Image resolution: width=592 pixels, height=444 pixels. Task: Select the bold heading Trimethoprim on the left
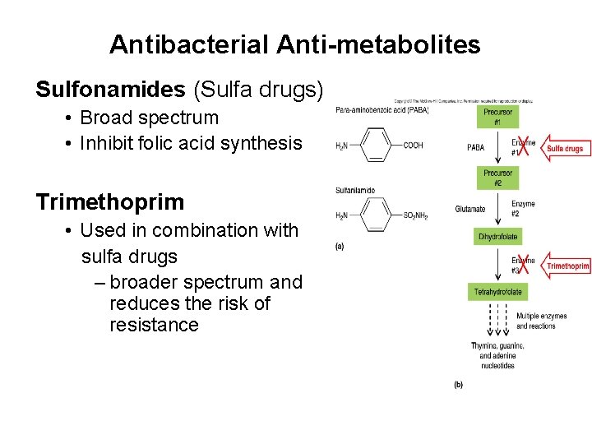[x=109, y=201]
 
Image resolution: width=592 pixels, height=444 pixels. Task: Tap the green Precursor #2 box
[x=498, y=178]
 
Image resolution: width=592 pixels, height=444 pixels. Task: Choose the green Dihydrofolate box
[x=498, y=237]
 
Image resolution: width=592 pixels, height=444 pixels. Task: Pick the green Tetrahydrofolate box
[x=498, y=291]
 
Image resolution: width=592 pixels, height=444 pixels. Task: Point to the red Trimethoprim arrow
[x=567, y=266]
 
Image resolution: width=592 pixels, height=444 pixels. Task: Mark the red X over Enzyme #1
[x=521, y=147]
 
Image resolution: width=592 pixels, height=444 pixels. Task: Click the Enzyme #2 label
[x=524, y=208]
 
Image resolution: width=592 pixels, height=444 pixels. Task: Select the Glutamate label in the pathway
[x=469, y=209]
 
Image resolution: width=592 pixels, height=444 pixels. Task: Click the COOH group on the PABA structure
[x=413, y=146]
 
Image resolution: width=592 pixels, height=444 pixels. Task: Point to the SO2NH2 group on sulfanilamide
[x=416, y=215]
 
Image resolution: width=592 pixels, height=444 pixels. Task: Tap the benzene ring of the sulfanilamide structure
[x=376, y=215]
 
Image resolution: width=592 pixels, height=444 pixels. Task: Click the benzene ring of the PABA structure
[x=376, y=146]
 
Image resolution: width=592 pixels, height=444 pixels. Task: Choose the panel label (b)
[x=458, y=384]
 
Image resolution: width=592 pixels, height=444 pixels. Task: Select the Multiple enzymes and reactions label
[x=536, y=321]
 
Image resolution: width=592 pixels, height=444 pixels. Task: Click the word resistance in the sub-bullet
[x=154, y=325]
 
